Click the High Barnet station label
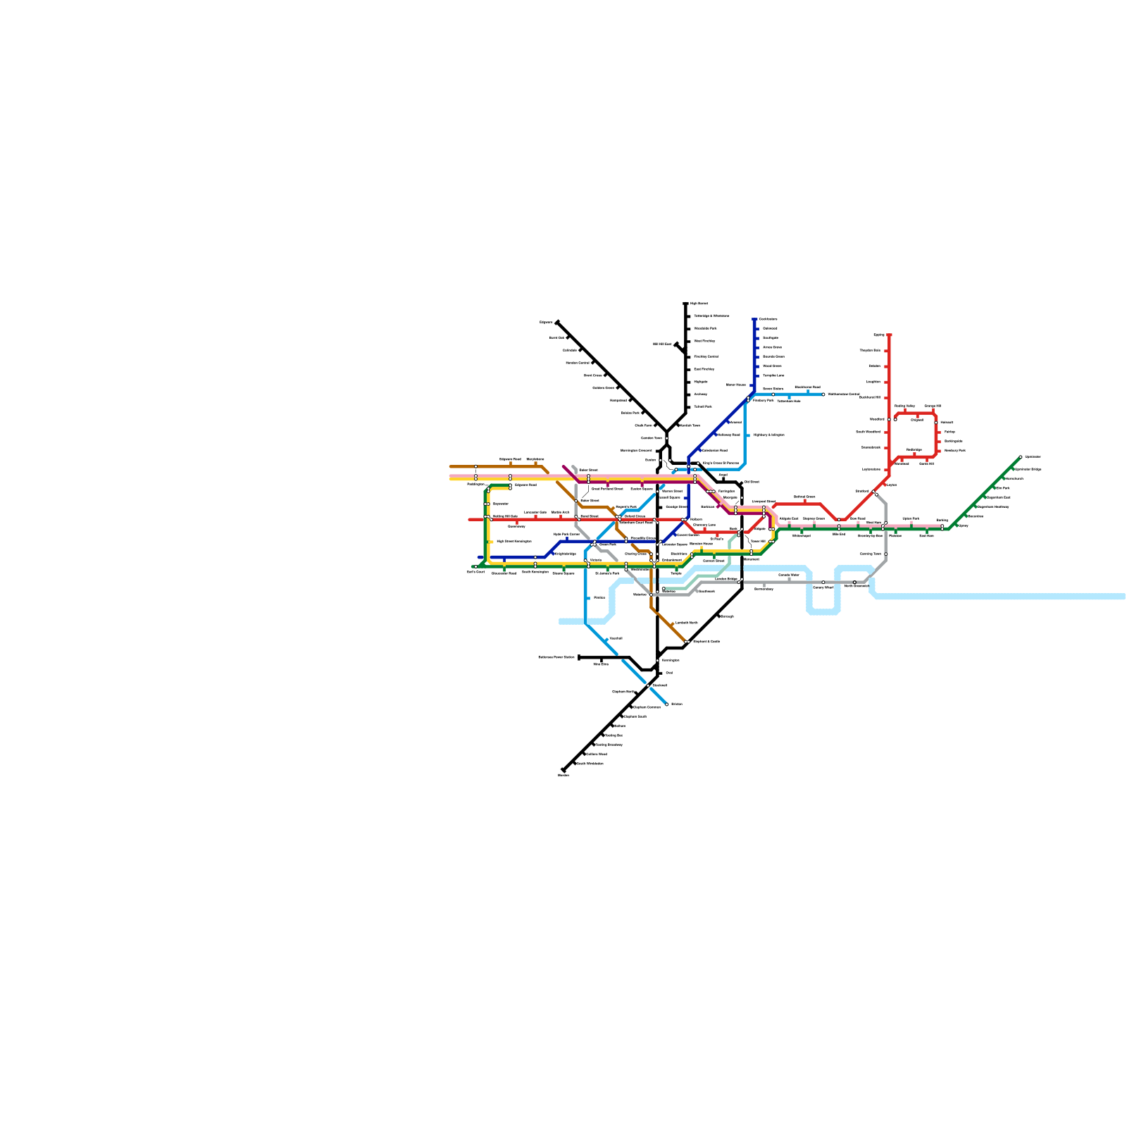pyautogui.click(x=699, y=304)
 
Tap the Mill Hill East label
pyautogui.click(x=662, y=344)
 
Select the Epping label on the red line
pyautogui.click(x=878, y=335)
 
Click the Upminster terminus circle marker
pyautogui.click(x=1020, y=457)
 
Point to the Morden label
pyautogui.click(x=563, y=775)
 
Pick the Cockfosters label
pyautogui.click(x=768, y=319)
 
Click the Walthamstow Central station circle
pyautogui.click(x=823, y=394)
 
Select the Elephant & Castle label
pyautogui.click(x=706, y=642)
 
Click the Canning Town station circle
pyautogui.click(x=885, y=554)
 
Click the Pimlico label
pyautogui.click(x=599, y=597)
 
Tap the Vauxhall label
pyautogui.click(x=615, y=638)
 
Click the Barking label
pyautogui.click(x=942, y=521)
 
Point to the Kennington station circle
pyautogui.click(x=658, y=660)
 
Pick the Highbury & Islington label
pyautogui.click(x=768, y=435)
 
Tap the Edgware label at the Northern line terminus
pyautogui.click(x=546, y=323)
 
